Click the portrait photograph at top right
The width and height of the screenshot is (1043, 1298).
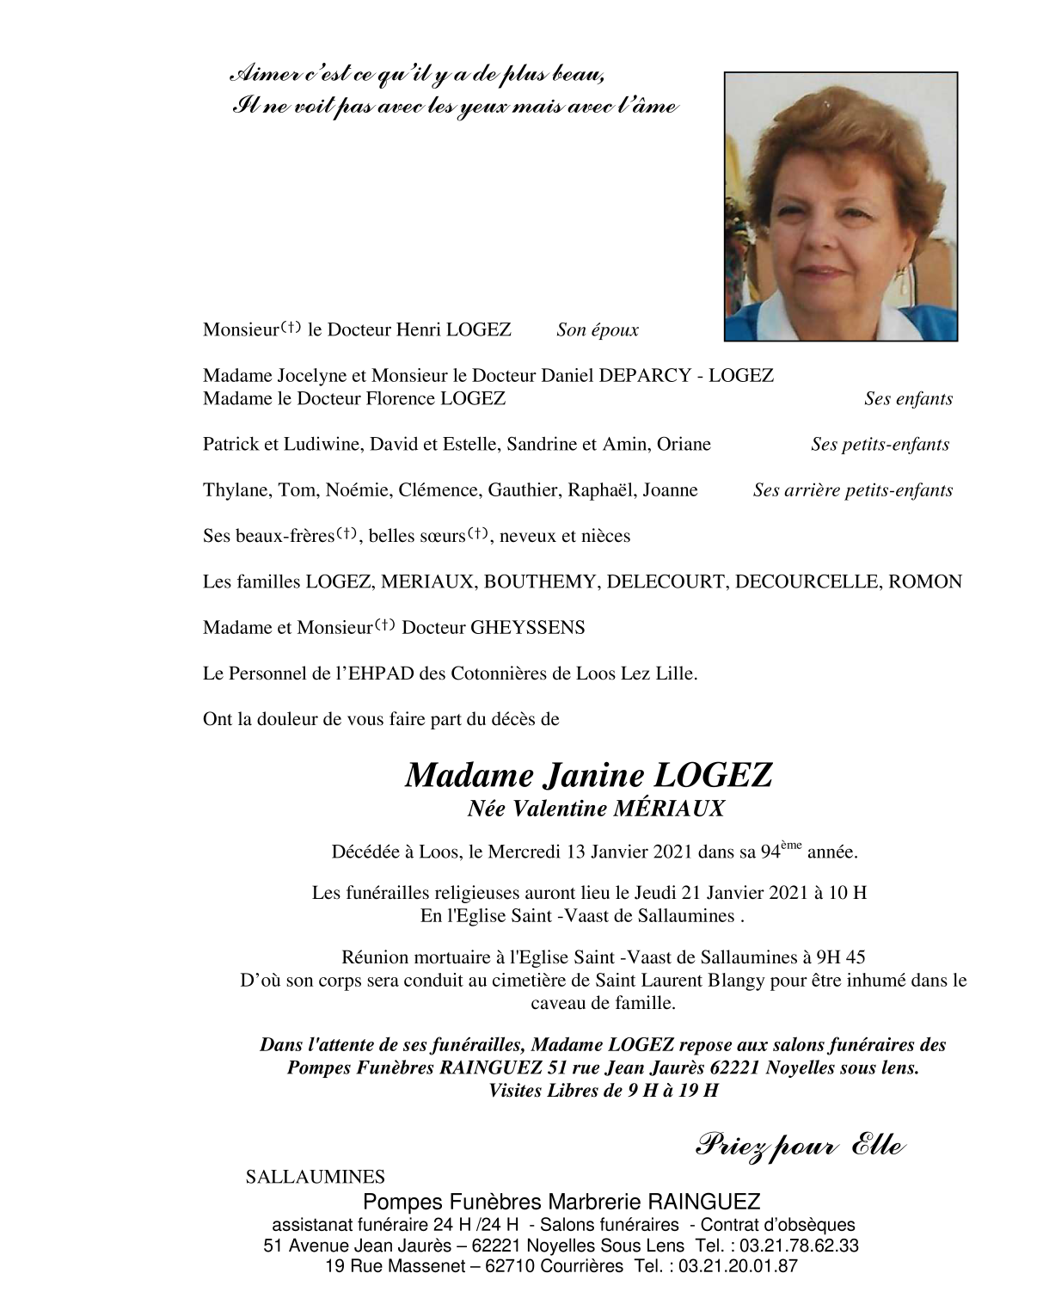(x=840, y=206)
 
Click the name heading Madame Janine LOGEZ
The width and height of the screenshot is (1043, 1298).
(x=588, y=776)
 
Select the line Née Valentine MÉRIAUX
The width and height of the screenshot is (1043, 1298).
(x=596, y=809)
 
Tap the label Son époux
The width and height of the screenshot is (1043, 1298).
(x=597, y=330)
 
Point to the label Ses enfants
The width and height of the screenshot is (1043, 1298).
(x=908, y=399)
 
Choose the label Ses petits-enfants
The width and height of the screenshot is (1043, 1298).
(x=880, y=445)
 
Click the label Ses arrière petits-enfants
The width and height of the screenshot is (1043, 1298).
(x=852, y=491)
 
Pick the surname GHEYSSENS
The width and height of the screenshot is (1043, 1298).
(x=527, y=628)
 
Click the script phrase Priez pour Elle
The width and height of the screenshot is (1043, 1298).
(x=799, y=1147)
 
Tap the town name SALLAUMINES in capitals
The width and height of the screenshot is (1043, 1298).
(x=316, y=1177)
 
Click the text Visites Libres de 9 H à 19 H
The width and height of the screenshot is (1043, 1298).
(x=603, y=1091)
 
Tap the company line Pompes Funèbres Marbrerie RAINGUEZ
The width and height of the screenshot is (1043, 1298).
(x=561, y=1202)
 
